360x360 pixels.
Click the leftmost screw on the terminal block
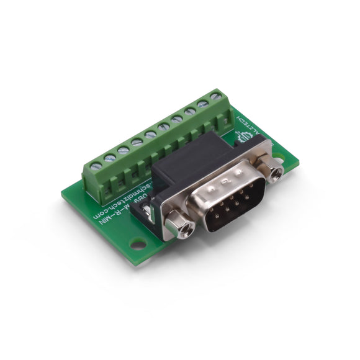pyautogui.click(x=96, y=166)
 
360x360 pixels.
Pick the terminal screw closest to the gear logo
pyautogui.click(x=215, y=96)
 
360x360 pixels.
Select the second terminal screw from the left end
pyautogui.click(x=110, y=158)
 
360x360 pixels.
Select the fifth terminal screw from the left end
pyautogui.click(x=150, y=134)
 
